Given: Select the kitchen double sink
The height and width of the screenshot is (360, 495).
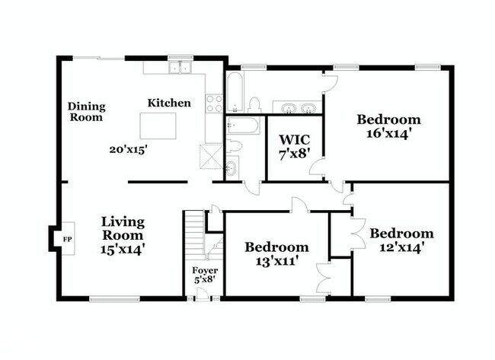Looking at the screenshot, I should click(180, 68).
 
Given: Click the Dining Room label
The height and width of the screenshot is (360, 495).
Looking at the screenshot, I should click(87, 112).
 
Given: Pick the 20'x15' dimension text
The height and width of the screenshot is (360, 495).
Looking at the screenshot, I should click(127, 150).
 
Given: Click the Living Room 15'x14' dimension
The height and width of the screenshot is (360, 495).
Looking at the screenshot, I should click(123, 247).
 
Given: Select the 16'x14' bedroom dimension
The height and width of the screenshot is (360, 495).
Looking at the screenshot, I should click(388, 133).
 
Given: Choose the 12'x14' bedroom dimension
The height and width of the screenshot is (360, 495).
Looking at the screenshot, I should click(401, 247).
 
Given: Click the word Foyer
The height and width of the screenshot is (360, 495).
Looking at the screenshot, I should click(205, 270).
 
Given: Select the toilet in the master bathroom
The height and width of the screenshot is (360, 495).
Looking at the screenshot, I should click(255, 104).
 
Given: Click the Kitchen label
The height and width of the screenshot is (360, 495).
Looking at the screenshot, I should click(169, 103).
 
